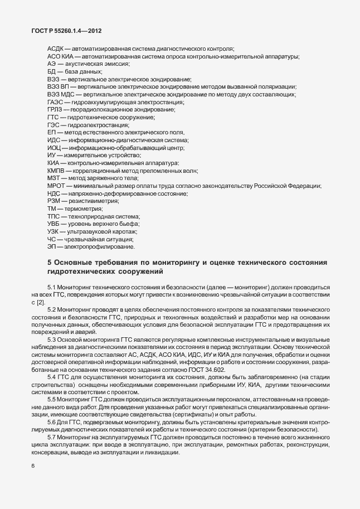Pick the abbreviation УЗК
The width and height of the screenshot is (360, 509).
(x=55, y=231)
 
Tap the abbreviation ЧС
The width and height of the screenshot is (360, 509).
(x=52, y=239)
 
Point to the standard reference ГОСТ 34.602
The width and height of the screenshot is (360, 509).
(x=209, y=368)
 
